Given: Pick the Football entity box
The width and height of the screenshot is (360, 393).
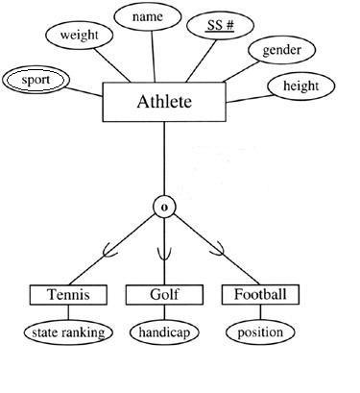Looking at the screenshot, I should [x=260, y=294].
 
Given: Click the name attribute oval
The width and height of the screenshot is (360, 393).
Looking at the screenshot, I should [x=148, y=18].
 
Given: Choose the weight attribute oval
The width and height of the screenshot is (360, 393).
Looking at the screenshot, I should [x=80, y=36].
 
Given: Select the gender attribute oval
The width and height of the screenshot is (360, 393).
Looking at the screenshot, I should [x=281, y=51].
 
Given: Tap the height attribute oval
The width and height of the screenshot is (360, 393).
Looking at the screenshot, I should [x=300, y=86].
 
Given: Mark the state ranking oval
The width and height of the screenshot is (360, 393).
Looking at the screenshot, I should [x=64, y=332].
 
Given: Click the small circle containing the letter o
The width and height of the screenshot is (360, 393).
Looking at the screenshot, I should [x=164, y=208].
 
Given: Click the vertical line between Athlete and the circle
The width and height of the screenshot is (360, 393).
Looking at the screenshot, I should [x=164, y=159].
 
